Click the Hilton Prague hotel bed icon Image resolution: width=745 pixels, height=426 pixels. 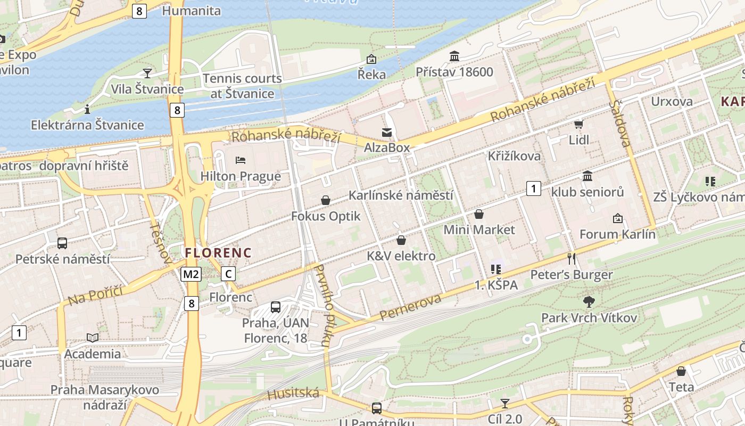coord(240,160)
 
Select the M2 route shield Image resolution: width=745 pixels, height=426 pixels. coord(191,274)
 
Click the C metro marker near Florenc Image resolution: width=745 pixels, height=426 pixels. coord(228,274)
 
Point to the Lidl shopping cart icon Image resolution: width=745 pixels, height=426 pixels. coord(578,125)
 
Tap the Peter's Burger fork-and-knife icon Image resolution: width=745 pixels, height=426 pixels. coord(572,259)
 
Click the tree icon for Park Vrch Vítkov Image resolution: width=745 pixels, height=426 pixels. coord(589,302)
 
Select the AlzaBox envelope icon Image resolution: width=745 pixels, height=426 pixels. coord(387,132)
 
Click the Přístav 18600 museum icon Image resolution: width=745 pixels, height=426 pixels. coord(454,56)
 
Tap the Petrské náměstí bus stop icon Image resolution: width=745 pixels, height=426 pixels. coord(62,243)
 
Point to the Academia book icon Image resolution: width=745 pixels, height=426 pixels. coord(93,338)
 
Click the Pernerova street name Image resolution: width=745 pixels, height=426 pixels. coord(410,307)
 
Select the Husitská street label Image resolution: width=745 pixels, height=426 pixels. coord(293,394)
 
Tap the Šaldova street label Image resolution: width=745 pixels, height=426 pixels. coord(622,123)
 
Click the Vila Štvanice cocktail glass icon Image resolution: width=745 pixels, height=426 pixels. coord(147,73)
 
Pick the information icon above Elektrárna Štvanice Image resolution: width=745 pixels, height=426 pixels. coord(87,109)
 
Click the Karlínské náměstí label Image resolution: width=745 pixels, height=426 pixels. coord(401,195)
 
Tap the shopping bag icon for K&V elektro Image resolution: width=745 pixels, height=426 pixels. coord(401,240)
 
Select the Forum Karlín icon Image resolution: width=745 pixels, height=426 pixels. coord(617,218)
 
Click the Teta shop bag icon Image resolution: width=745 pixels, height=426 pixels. coord(681,371)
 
